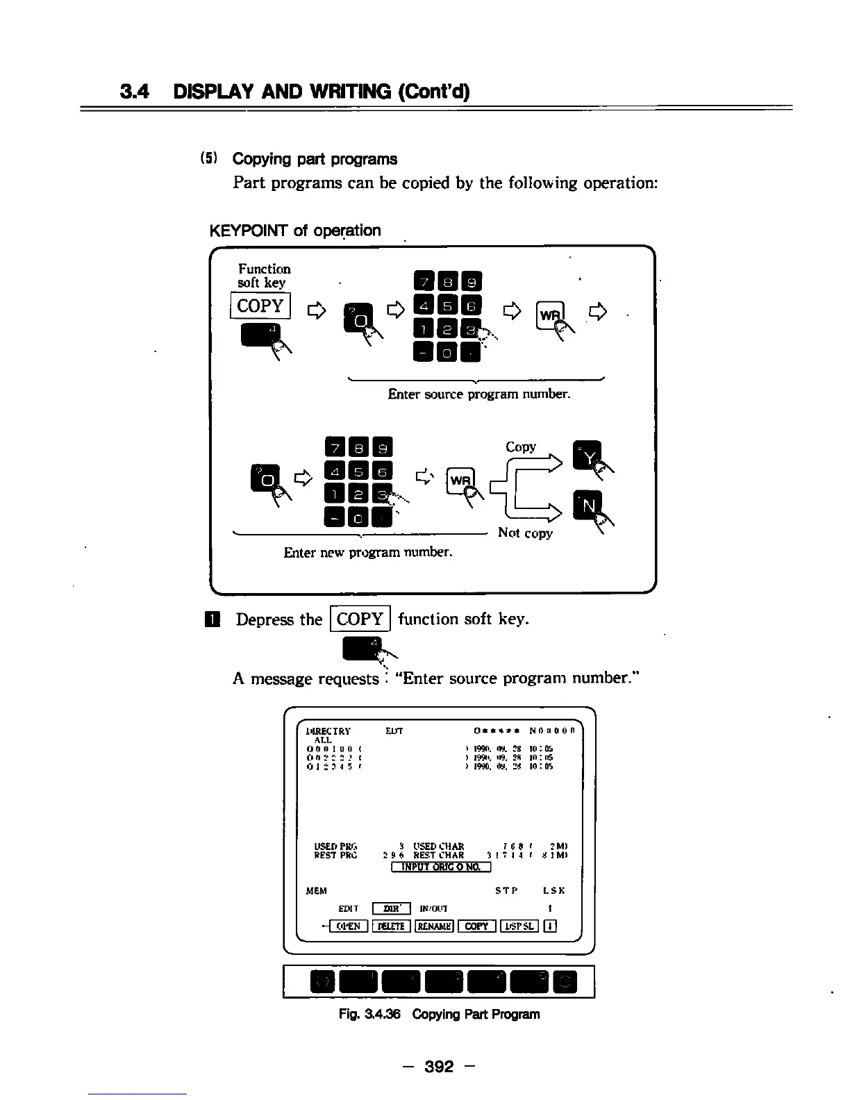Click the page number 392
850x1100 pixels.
[439, 1066]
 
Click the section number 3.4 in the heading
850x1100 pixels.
[135, 92]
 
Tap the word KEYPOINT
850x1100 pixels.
[249, 231]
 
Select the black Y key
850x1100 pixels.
[587, 455]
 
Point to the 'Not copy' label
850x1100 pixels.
[525, 533]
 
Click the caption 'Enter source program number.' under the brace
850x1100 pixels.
[479, 394]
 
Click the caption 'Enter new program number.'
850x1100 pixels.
[368, 552]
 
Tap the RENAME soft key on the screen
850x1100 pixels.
[434, 926]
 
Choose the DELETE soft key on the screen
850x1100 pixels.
[392, 926]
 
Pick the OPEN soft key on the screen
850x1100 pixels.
[348, 926]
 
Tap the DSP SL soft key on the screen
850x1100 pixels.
[519, 926]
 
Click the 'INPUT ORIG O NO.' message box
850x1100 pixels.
[441, 866]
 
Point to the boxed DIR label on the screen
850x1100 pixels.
[392, 908]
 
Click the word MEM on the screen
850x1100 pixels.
[317, 891]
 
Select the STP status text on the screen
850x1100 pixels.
[506, 891]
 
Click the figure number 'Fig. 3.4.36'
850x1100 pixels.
[369, 1014]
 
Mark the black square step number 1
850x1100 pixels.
[215, 619]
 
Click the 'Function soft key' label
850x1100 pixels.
[263, 276]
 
